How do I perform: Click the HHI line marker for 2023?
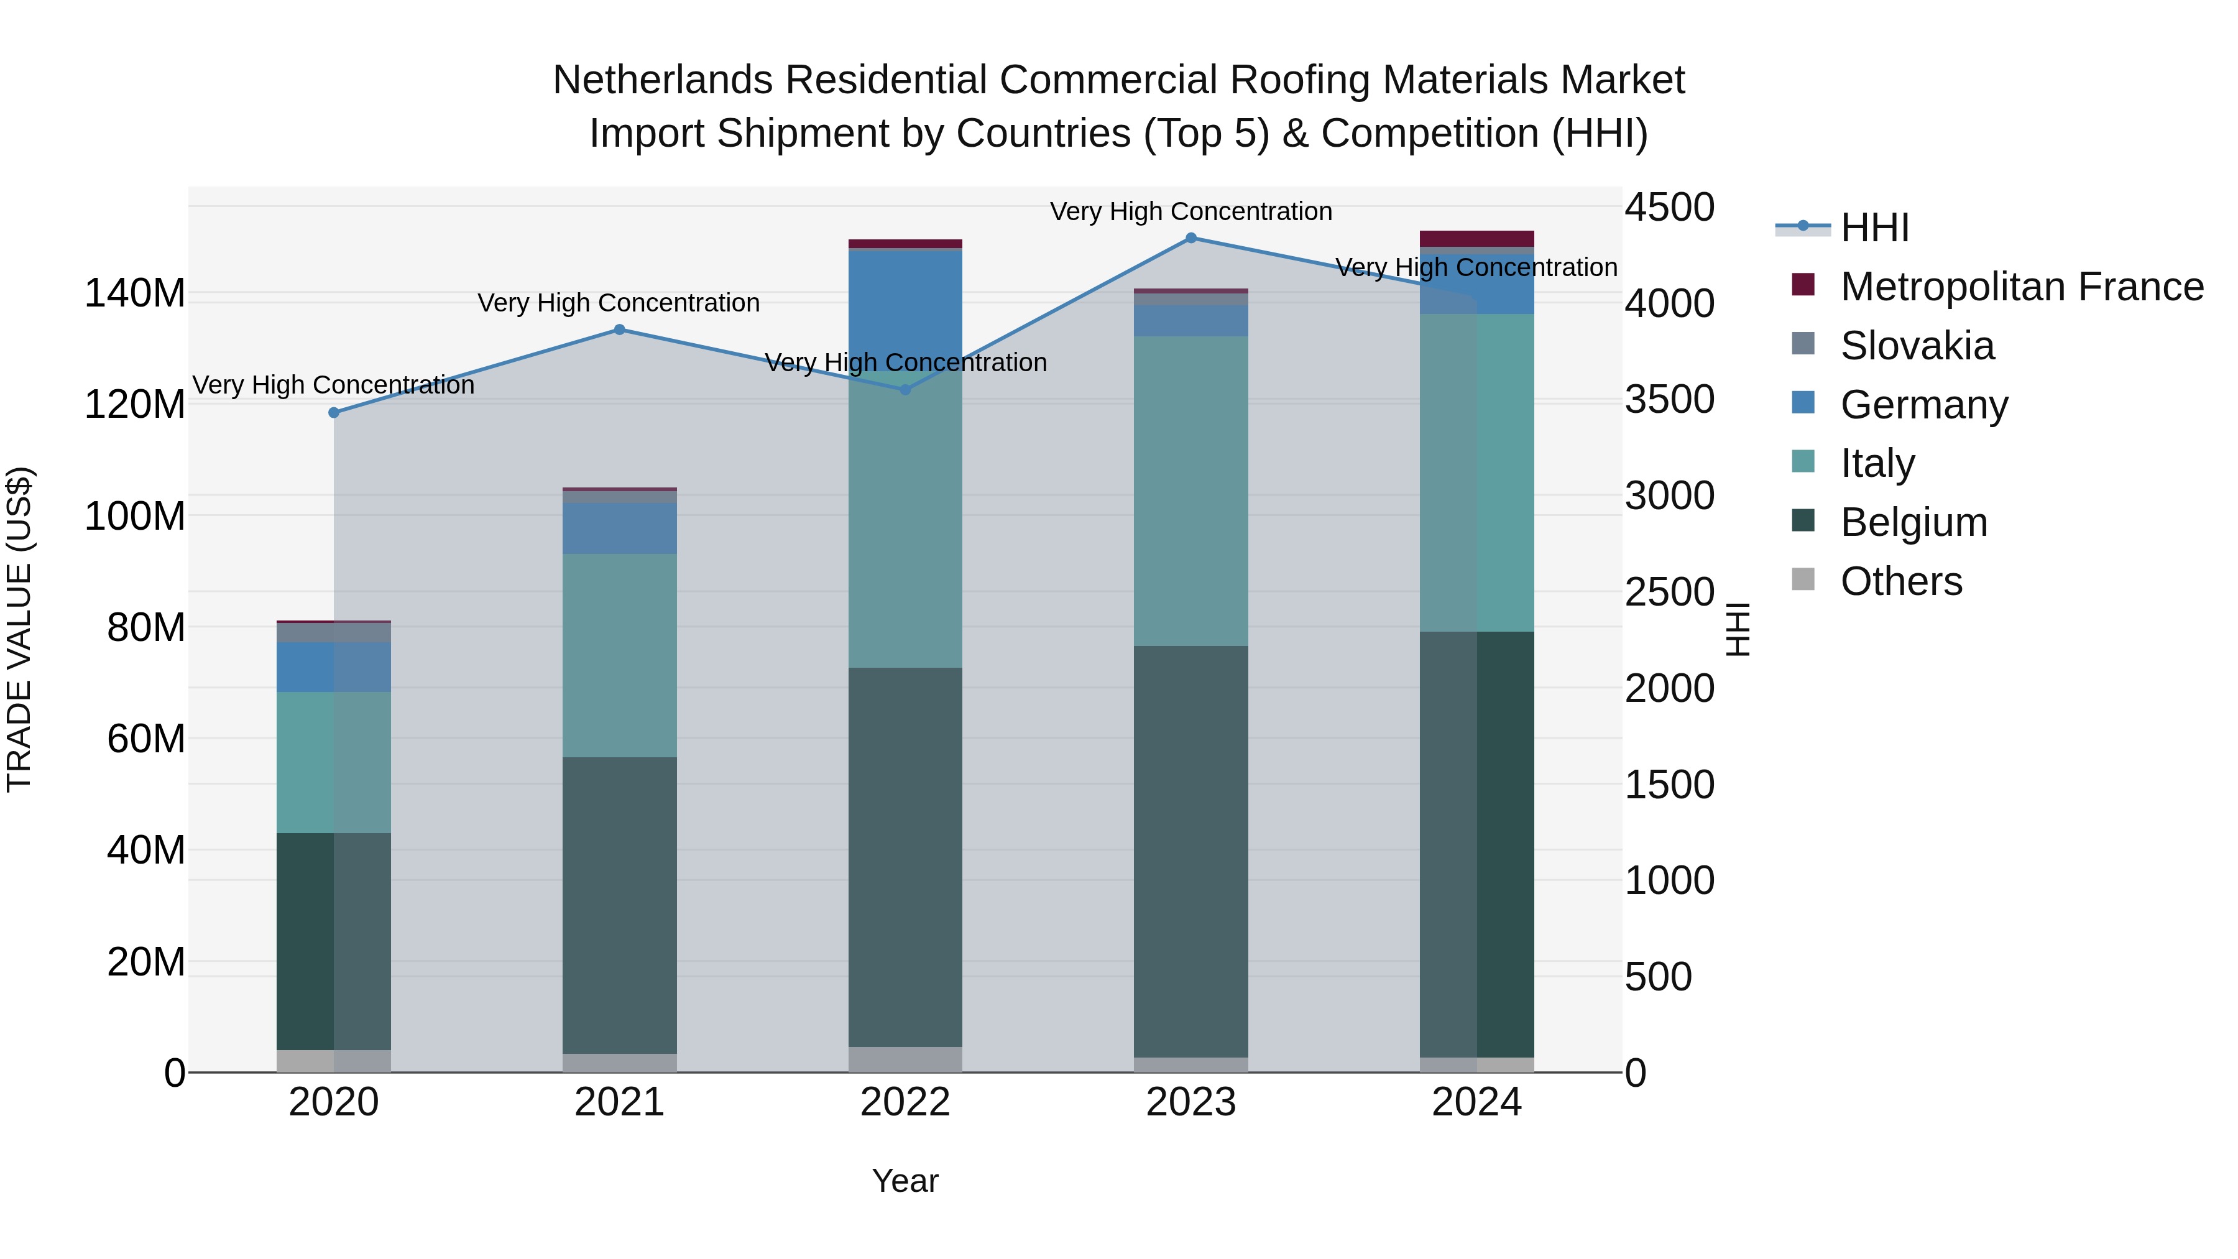pos(1190,238)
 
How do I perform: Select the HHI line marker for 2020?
pos(334,413)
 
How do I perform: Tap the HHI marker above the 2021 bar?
pos(619,330)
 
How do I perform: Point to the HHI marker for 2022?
pos(905,390)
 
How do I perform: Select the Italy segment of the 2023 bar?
pos(1190,491)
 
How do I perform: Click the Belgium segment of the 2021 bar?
pos(619,903)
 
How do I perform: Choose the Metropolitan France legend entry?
pos(2021,287)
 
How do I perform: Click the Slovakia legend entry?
pos(1917,346)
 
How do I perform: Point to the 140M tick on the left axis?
pos(135,293)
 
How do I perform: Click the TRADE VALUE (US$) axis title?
pos(19,629)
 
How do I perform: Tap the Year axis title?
pos(905,1181)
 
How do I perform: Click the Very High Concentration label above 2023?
pos(1190,211)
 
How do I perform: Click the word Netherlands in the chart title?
pos(662,80)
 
